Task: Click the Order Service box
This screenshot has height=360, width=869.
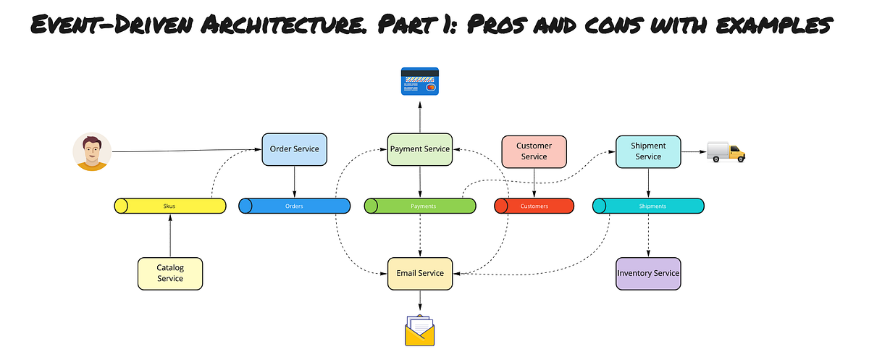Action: [x=294, y=150]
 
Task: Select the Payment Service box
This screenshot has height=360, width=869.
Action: [x=420, y=150]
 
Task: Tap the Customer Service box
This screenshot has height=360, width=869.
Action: [x=534, y=151]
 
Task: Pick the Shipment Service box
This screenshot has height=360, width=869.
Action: [x=648, y=151]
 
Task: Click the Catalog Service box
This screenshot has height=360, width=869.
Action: [x=170, y=273]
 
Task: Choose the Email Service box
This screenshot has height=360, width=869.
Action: [x=420, y=273]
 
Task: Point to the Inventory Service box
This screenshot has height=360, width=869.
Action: [x=648, y=273]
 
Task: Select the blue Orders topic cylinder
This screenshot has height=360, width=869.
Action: [x=294, y=206]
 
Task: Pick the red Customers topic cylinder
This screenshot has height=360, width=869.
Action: [x=534, y=206]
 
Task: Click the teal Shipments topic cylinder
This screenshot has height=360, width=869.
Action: [x=648, y=206]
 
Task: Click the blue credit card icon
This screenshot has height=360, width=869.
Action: [x=420, y=81]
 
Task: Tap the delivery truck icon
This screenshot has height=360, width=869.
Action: [x=726, y=152]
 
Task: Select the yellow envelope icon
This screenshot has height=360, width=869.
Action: [x=420, y=331]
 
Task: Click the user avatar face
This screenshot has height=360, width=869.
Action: [x=92, y=151]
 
